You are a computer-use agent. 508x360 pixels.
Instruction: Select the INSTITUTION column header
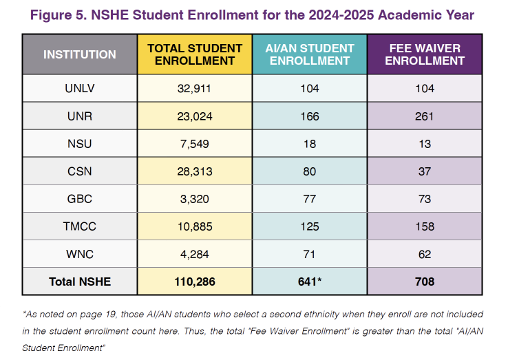[x=80, y=54]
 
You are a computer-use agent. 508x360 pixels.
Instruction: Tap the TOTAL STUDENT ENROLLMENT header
[x=195, y=54]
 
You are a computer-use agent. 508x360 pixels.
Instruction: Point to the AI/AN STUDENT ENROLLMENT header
[x=310, y=54]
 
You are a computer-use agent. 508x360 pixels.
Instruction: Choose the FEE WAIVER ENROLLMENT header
[x=425, y=54]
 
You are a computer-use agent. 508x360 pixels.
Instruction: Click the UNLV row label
[x=80, y=89]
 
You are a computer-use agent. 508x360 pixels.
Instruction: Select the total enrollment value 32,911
[x=195, y=89]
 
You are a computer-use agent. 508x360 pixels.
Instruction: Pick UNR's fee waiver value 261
[x=425, y=116]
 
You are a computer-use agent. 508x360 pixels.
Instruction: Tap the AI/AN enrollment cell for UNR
[x=310, y=116]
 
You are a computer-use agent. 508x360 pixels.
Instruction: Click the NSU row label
[x=80, y=144]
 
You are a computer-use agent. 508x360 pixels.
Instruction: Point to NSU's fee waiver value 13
[x=425, y=144]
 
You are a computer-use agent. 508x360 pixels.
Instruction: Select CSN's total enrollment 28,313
[x=195, y=171]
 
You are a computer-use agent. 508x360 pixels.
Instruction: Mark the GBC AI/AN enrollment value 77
[x=310, y=199]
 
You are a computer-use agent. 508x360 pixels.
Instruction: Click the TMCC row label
[x=80, y=226]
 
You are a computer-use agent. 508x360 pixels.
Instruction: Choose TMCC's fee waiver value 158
[x=425, y=226]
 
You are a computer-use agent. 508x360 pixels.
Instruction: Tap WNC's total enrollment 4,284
[x=195, y=254]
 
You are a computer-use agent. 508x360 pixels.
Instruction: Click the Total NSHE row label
[x=80, y=282]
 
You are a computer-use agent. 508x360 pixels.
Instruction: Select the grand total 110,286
[x=195, y=282]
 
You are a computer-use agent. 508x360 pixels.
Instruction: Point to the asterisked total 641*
[x=310, y=282]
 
